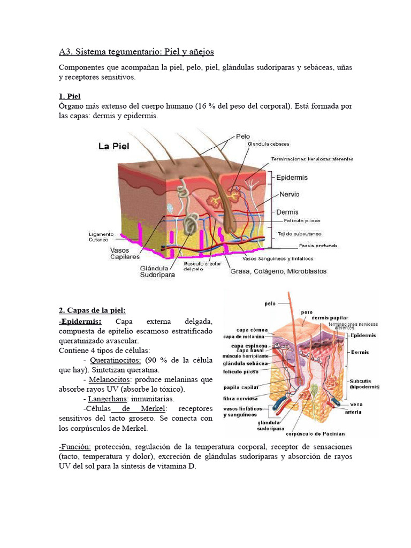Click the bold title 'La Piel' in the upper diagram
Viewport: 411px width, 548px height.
click(113, 146)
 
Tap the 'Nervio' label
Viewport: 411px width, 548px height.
click(289, 194)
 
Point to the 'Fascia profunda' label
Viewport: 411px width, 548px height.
click(318, 246)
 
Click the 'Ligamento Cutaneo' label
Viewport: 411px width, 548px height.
click(102, 237)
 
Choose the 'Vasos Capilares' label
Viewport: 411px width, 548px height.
click(125, 253)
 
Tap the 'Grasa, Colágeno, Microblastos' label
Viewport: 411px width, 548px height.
click(278, 271)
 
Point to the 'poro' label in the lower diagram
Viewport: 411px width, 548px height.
click(307, 311)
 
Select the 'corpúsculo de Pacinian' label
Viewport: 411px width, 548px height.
click(319, 433)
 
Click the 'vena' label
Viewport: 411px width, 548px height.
click(356, 404)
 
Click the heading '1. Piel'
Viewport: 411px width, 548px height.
click(70, 96)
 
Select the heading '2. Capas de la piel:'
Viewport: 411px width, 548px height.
click(92, 310)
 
